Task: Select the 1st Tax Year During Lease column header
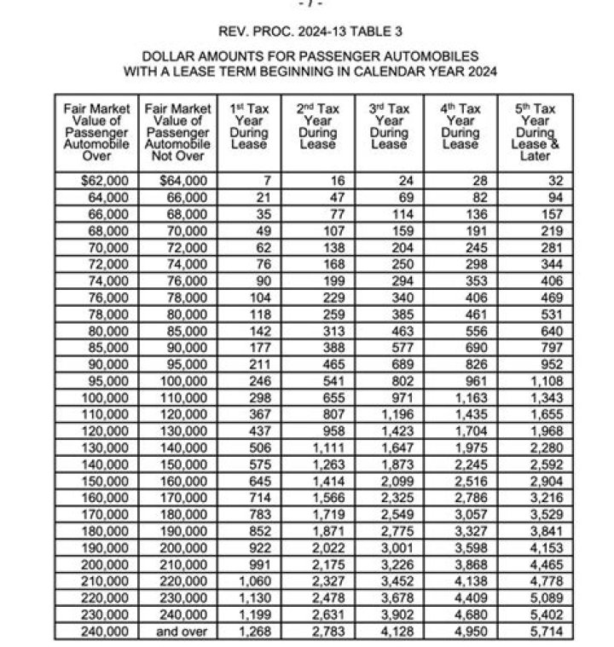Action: [249, 127]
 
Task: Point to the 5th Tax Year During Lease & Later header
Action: [535, 133]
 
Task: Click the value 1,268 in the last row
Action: [254, 632]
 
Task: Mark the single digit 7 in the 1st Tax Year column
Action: [267, 180]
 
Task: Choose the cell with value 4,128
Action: [395, 632]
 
